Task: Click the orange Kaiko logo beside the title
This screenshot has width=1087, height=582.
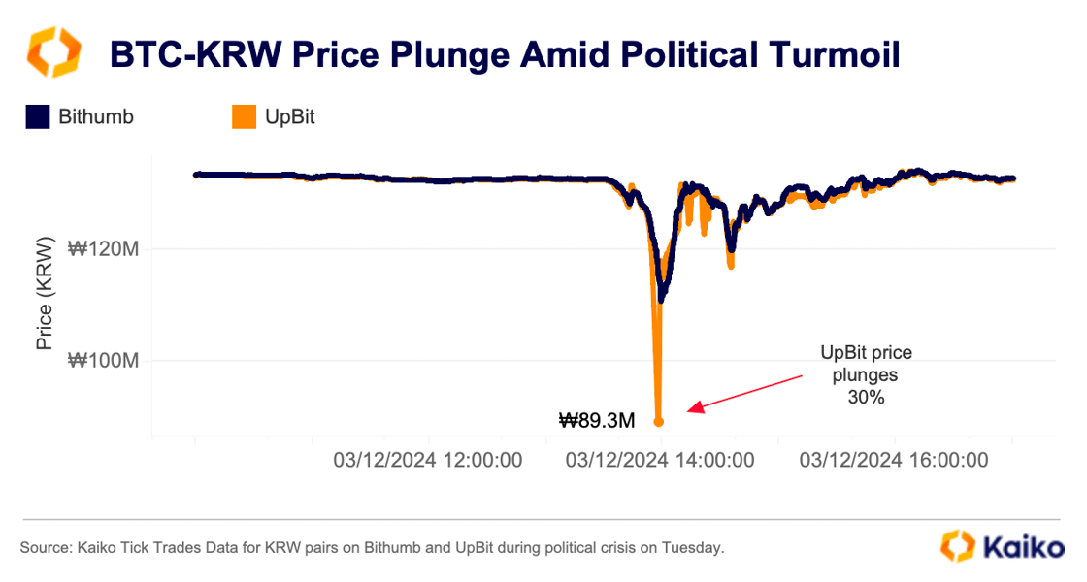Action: coord(53,53)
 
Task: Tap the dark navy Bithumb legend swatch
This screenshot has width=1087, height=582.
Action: coord(37,117)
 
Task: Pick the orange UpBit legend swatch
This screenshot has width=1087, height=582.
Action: coord(244,117)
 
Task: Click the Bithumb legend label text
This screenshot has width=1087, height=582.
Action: coord(96,117)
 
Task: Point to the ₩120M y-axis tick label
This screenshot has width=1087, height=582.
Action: coord(104,249)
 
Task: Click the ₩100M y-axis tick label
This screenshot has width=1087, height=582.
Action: coord(104,361)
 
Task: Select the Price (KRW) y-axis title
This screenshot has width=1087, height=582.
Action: coord(45,291)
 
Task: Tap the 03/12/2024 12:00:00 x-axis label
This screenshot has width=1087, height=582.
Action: coord(427,460)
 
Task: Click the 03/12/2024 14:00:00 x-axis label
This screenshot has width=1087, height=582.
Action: coord(660,460)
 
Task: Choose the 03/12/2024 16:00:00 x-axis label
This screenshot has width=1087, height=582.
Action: coord(894,460)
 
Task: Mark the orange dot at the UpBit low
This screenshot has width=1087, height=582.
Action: coord(659,421)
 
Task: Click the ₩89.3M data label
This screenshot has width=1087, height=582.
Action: coord(597,421)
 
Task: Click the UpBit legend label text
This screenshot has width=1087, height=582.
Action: coord(289,117)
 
